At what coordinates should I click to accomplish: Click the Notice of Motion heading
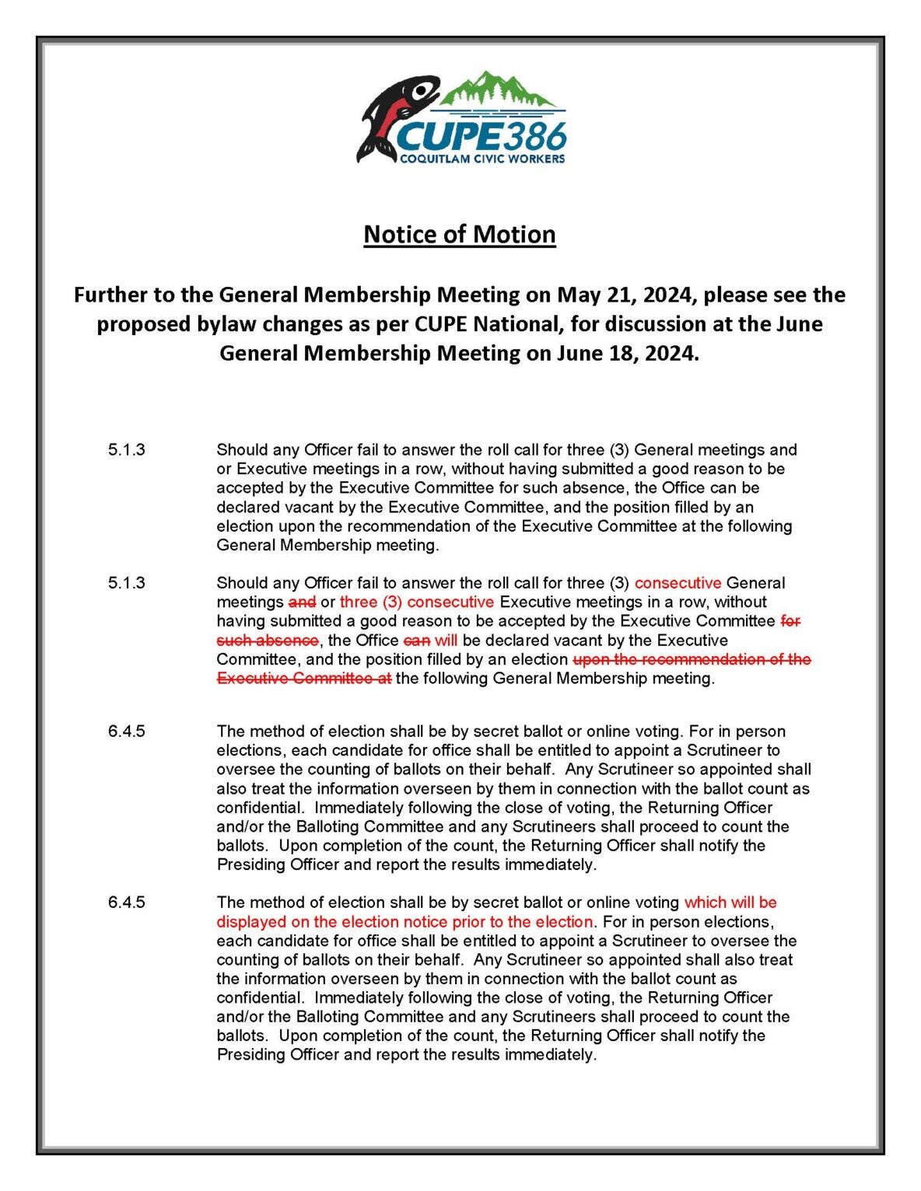[x=459, y=234]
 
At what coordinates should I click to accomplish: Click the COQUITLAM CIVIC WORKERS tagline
[x=482, y=159]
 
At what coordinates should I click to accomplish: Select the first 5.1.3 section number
[x=127, y=449]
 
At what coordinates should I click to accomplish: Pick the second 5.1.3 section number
[x=127, y=583]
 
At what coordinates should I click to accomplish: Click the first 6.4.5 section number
[x=127, y=732]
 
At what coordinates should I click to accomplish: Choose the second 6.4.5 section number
[x=127, y=903]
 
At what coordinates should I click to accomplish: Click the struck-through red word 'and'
[x=302, y=602]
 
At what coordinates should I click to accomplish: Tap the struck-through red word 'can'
[x=417, y=641]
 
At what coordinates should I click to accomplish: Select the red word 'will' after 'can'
[x=446, y=641]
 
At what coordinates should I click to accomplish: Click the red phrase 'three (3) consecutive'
[x=417, y=602]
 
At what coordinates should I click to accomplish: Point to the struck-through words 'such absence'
[x=268, y=641]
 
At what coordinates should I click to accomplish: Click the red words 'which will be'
[x=730, y=903]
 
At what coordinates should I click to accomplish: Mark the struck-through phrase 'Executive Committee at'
[x=303, y=679]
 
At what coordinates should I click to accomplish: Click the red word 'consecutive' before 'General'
[x=678, y=583]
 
